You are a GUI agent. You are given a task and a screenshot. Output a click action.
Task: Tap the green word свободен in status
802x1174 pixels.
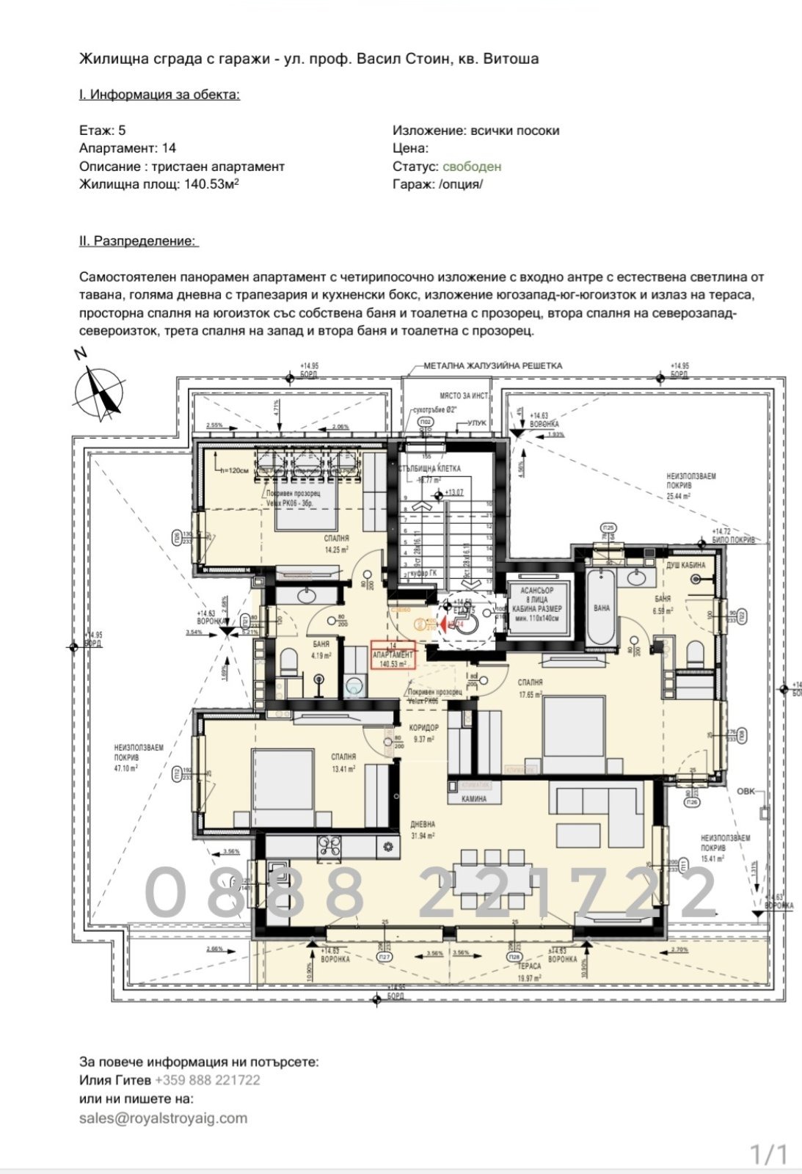(472, 167)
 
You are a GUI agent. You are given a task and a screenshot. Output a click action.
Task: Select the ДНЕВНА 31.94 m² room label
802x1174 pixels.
(423, 829)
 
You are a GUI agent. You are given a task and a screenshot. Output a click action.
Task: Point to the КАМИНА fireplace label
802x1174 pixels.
(474, 799)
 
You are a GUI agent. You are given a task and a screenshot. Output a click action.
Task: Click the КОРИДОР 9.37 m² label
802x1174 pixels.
(424, 733)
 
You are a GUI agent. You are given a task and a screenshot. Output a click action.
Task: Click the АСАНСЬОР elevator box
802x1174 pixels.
(536, 604)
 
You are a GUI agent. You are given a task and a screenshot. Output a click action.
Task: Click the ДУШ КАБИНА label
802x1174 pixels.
(685, 565)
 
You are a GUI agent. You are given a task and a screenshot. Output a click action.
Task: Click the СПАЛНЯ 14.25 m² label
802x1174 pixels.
(337, 543)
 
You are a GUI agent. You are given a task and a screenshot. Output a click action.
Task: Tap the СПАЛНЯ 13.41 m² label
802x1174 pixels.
(343, 762)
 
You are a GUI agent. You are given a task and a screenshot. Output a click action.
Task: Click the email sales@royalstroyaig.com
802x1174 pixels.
(163, 1118)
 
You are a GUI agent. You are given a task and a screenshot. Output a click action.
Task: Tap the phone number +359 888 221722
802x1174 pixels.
(207, 1080)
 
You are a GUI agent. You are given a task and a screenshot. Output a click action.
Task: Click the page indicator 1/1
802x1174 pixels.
(768, 1154)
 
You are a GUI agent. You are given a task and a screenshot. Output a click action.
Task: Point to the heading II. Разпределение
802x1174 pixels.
(139, 241)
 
